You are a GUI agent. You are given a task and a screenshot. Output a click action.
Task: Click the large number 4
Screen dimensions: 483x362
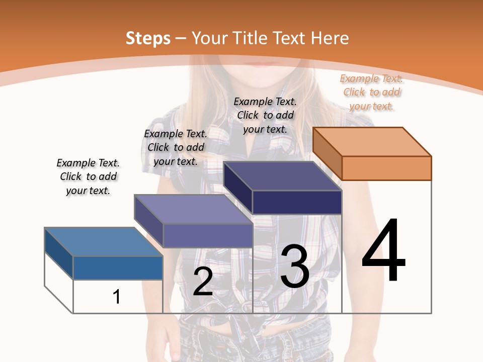(383, 251)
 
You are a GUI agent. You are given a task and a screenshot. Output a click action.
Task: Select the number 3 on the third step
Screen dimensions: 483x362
(295, 266)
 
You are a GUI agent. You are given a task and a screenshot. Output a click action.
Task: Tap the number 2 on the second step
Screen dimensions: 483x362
(203, 282)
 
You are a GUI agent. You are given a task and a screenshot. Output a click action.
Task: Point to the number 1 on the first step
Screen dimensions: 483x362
(117, 297)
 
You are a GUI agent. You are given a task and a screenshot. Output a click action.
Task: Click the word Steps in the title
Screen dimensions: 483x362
(148, 38)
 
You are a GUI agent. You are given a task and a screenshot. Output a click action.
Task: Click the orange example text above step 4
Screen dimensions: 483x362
(372, 92)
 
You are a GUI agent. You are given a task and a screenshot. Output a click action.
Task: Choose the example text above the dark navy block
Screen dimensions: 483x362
(265, 115)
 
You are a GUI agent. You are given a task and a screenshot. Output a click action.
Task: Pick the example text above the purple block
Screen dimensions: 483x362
(176, 147)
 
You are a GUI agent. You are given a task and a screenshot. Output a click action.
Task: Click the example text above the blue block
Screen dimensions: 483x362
(88, 176)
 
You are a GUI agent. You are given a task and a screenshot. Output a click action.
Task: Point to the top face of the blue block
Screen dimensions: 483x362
(104, 242)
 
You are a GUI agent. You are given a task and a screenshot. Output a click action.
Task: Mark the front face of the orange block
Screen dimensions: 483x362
(386, 168)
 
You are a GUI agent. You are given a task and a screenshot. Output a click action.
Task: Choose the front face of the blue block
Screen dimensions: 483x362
(118, 267)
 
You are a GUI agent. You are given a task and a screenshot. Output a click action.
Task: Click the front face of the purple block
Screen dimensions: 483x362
(207, 235)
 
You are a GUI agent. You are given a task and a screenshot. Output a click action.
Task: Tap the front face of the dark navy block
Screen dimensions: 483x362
(297, 202)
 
